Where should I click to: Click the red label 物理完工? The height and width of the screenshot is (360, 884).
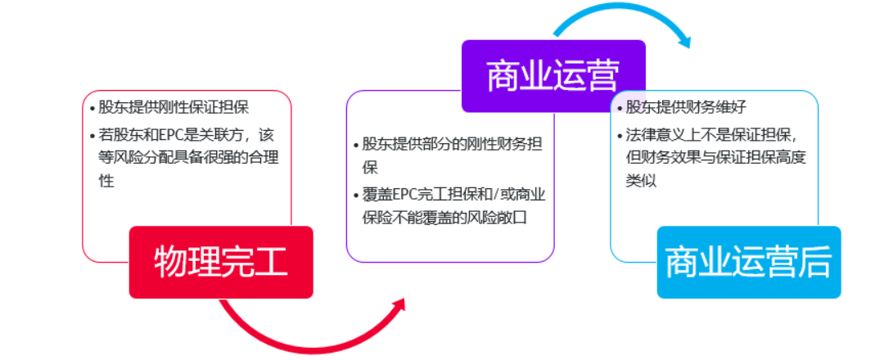click(x=221, y=262)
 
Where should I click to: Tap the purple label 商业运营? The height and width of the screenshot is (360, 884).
click(x=553, y=76)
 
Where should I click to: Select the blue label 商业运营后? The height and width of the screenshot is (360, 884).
click(x=749, y=262)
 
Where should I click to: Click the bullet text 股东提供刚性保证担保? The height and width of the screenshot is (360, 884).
click(x=174, y=107)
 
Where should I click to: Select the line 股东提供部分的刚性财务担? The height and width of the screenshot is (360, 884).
click(x=452, y=144)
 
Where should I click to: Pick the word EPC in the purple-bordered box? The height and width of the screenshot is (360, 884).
click(x=405, y=195)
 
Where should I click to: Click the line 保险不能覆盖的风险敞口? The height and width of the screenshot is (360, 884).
click(x=444, y=218)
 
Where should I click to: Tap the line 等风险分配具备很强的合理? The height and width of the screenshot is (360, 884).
click(x=189, y=158)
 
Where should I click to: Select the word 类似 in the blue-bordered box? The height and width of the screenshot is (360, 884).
click(x=641, y=182)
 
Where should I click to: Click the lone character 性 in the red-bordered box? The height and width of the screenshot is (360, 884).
click(x=106, y=182)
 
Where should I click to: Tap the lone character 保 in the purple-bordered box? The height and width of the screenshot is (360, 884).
click(x=369, y=168)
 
